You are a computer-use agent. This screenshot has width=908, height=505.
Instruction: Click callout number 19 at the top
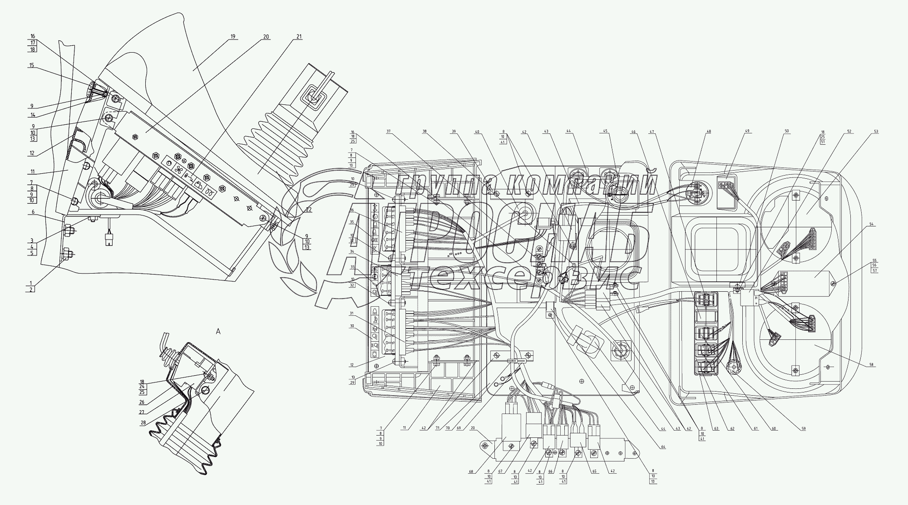point(233,36)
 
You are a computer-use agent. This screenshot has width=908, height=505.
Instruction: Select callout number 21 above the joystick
point(299,36)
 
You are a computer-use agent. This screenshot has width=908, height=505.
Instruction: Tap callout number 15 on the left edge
point(32,65)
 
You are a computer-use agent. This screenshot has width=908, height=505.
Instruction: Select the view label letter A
point(218,332)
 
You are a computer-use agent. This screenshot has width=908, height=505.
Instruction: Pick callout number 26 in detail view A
point(143,402)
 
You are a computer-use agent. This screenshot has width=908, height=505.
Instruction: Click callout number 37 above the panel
point(389,132)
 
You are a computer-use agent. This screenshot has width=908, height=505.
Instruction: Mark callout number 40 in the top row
point(477,132)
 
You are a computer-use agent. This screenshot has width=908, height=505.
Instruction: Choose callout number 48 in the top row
point(709,132)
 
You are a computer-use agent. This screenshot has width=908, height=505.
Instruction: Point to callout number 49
point(747,132)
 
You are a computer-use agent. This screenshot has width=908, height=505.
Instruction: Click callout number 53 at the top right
point(876,132)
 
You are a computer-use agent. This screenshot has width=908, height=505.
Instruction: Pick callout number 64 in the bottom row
point(663,447)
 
